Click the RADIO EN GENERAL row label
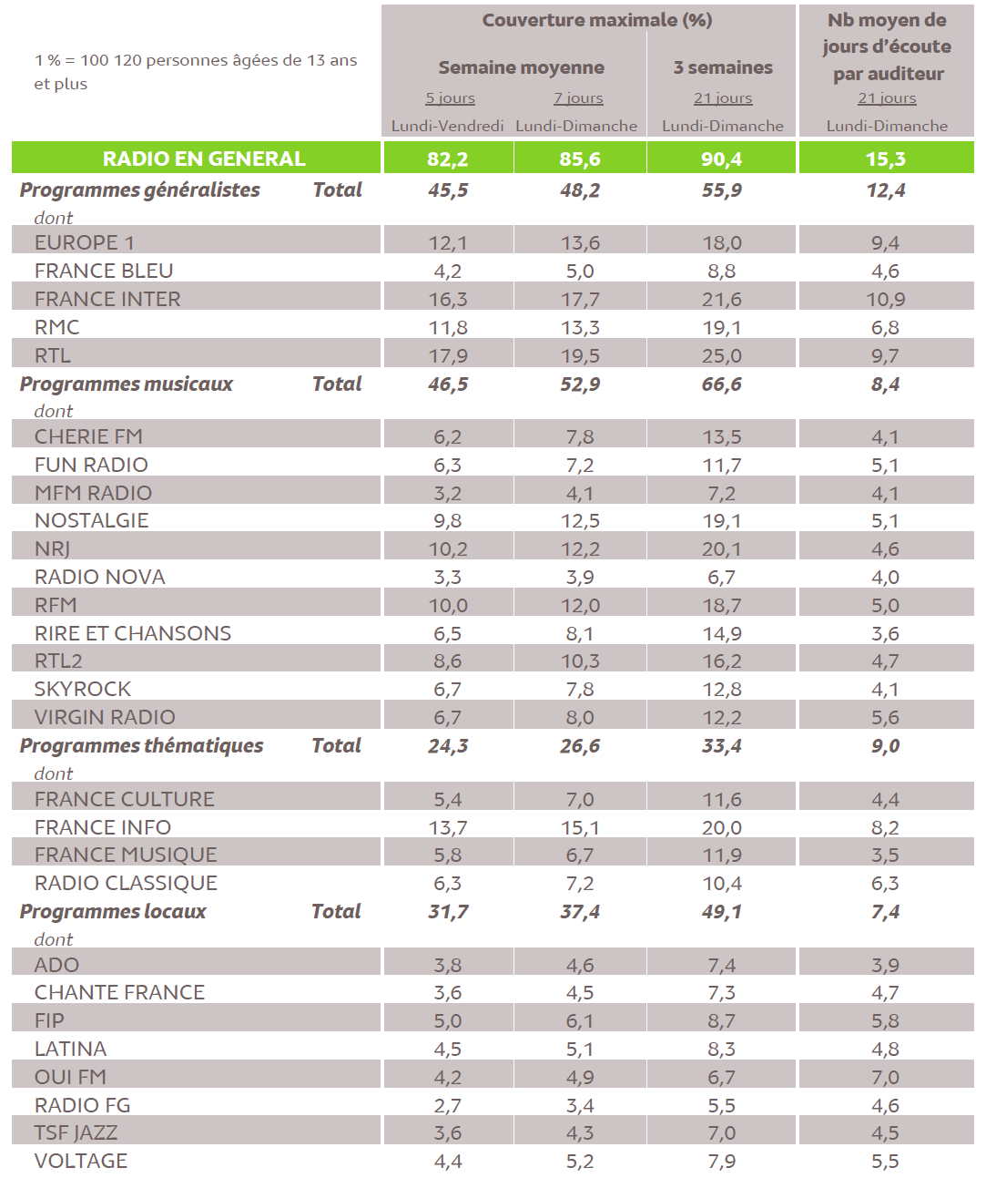(x=203, y=159)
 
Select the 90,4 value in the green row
(x=721, y=159)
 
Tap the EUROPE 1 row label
(x=84, y=242)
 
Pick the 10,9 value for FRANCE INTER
(x=885, y=299)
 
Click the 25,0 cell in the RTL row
(x=721, y=355)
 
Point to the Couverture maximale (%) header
(x=596, y=20)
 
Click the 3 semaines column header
(x=723, y=67)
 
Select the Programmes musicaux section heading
(x=127, y=384)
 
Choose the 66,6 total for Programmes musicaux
(x=721, y=384)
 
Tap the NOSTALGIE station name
(x=91, y=520)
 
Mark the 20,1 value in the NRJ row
(x=721, y=549)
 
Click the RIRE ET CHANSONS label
(x=133, y=633)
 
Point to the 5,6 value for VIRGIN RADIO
(x=885, y=718)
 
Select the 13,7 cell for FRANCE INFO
(x=447, y=827)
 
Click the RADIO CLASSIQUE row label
(x=126, y=883)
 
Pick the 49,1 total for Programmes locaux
(x=721, y=912)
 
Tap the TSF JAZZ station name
(x=76, y=1132)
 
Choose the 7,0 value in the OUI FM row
(x=885, y=1077)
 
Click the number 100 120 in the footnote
(x=110, y=60)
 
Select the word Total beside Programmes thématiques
(x=336, y=745)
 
